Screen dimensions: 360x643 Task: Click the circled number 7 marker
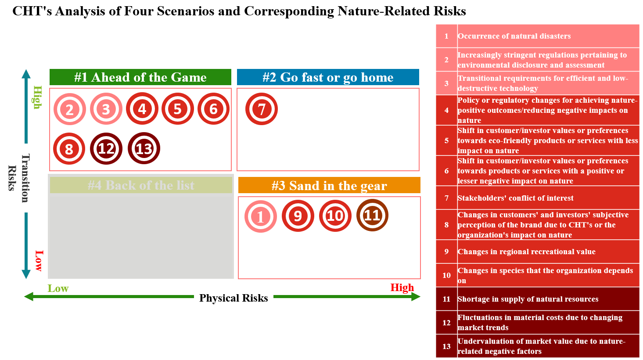pyautogui.click(x=262, y=109)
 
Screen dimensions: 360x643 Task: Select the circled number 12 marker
pyautogui.click(x=106, y=148)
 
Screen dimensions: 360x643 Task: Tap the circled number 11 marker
pyautogui.click(x=372, y=215)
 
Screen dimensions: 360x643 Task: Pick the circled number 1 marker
pyautogui.click(x=261, y=216)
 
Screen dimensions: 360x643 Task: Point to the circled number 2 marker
pyautogui.click(x=70, y=109)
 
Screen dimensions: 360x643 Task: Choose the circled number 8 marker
pyautogui.click(x=69, y=148)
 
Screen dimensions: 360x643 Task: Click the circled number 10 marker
pyautogui.click(x=335, y=216)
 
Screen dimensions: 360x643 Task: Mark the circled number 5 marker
pyautogui.click(x=178, y=108)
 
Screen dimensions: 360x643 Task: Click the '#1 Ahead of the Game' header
pyautogui.click(x=140, y=77)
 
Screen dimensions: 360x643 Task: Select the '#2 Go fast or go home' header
pyautogui.click(x=328, y=77)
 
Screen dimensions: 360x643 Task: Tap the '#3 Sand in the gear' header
pyautogui.click(x=329, y=185)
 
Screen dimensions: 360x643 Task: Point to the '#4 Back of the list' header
pyautogui.click(x=141, y=185)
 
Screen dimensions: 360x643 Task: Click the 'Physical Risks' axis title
pyautogui.click(x=233, y=298)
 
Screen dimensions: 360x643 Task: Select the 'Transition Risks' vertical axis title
pyautogui.click(x=19, y=178)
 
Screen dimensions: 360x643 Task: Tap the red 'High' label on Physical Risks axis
pyautogui.click(x=402, y=288)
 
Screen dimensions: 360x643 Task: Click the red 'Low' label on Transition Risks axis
pyautogui.click(x=39, y=261)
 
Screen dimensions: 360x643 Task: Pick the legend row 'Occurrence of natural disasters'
pyautogui.click(x=514, y=36)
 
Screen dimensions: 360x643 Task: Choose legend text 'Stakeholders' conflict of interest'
pyautogui.click(x=515, y=198)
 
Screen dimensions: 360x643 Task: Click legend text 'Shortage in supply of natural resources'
pyautogui.click(x=528, y=299)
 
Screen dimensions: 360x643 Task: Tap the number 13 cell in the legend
pyautogui.click(x=446, y=346)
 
